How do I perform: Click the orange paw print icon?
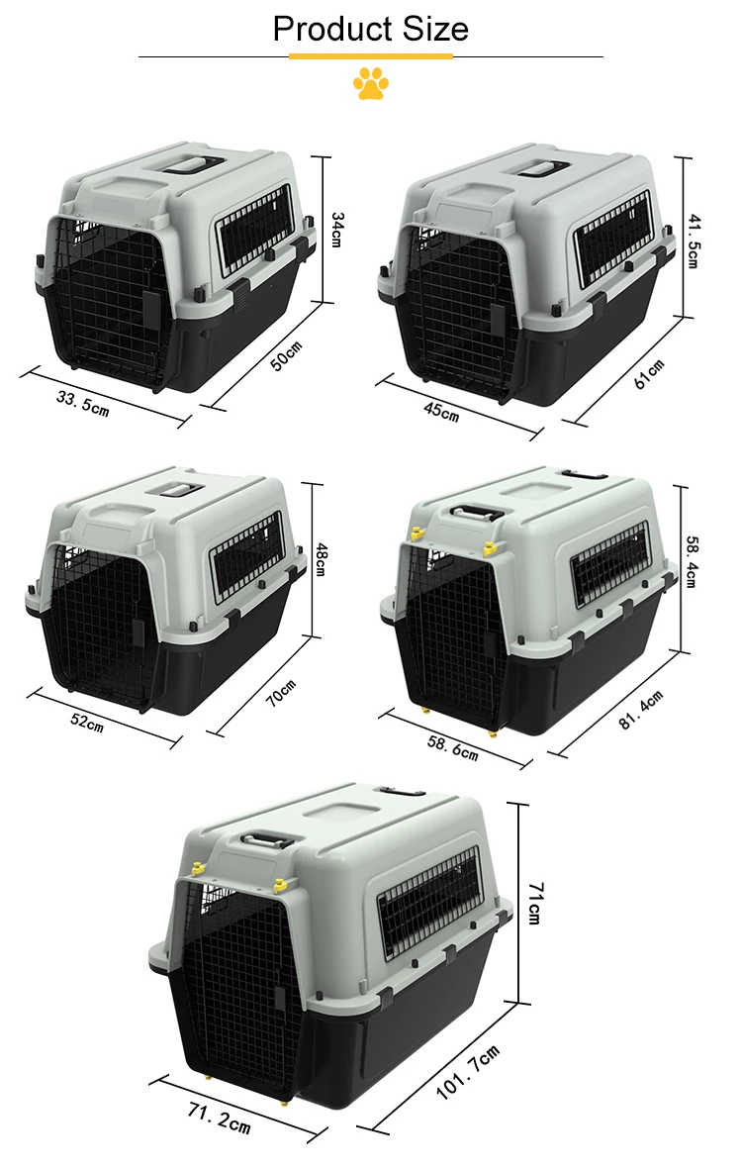(x=371, y=84)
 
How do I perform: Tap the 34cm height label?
(x=336, y=229)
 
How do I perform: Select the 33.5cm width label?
(x=82, y=402)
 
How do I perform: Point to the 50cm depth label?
(x=286, y=354)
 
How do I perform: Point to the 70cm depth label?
(x=281, y=693)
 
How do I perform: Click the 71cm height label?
(x=533, y=903)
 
